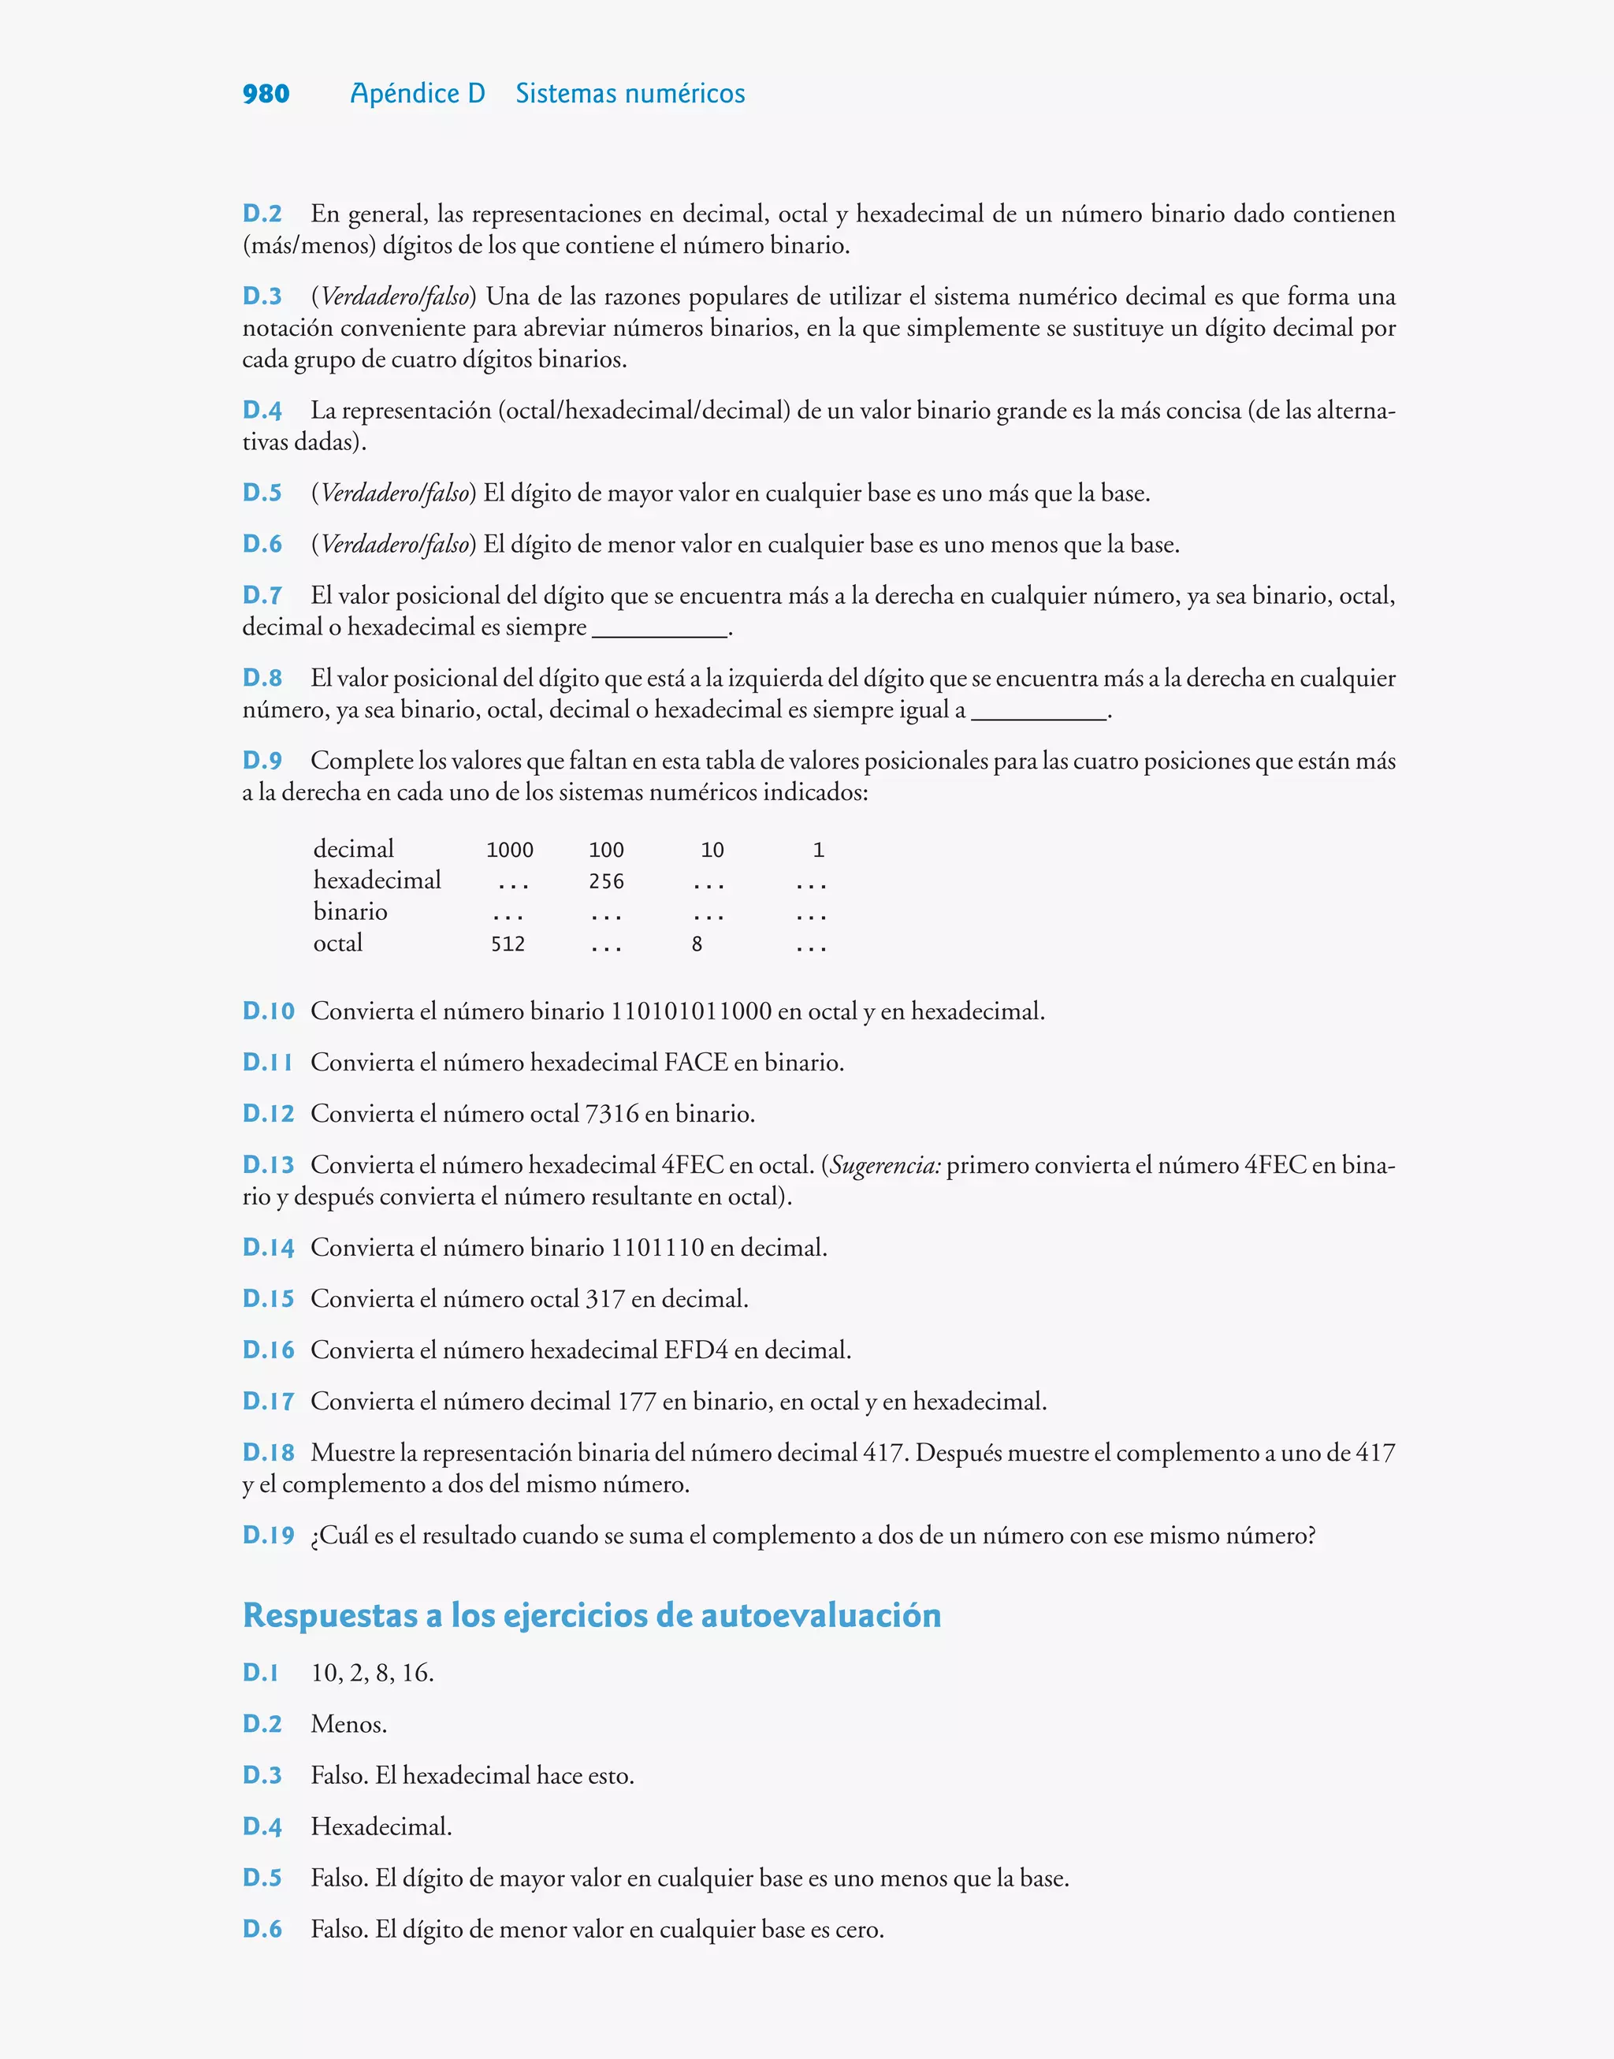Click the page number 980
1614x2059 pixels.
pos(266,95)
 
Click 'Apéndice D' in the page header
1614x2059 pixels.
pos(417,94)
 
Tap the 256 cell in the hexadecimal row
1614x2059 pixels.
pos(606,881)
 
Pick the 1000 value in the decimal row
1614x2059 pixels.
pos(509,851)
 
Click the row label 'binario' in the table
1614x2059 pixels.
pos(350,912)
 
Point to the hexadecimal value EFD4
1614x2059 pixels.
pos(696,1350)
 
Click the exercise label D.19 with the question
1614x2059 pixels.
pos(269,1536)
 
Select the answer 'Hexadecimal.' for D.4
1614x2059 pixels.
pos(381,1826)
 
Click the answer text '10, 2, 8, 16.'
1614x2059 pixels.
pos(372,1674)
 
